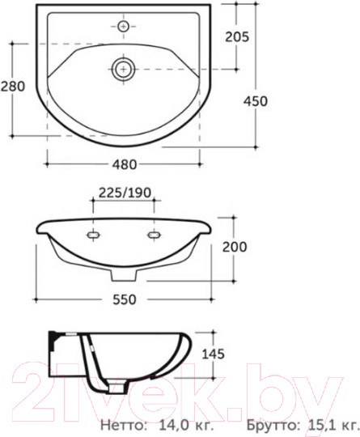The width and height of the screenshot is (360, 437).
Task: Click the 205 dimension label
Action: [237, 36]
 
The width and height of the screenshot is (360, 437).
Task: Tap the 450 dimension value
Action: [256, 101]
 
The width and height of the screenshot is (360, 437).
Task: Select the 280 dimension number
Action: [13, 87]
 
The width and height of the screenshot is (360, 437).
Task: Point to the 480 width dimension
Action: [125, 164]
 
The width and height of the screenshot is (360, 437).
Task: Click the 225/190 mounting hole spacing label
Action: [125, 193]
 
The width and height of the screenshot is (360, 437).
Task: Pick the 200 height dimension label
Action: [235, 247]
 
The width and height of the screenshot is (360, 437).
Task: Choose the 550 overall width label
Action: [125, 299]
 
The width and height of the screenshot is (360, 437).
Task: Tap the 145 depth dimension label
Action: [213, 354]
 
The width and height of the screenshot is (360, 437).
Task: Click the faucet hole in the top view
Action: [123, 27]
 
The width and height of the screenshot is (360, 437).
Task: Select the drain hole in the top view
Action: [123, 69]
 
